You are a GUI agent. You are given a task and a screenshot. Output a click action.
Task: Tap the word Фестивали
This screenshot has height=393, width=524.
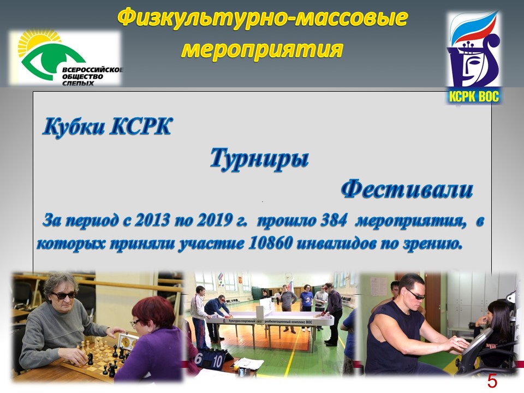pos(407,189)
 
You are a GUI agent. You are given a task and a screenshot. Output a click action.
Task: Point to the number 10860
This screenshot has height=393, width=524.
pos(270,243)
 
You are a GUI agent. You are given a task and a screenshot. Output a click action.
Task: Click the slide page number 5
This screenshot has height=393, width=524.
pos(492,381)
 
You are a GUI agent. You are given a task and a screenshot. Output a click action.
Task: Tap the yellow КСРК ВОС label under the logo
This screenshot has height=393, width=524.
pos(474,97)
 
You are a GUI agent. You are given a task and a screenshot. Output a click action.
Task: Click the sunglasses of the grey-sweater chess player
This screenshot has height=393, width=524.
pos(63,296)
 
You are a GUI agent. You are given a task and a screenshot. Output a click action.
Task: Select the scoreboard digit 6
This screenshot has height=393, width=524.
pos(199,359)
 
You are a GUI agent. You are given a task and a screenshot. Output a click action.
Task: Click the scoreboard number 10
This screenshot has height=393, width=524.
pos(217,361)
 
